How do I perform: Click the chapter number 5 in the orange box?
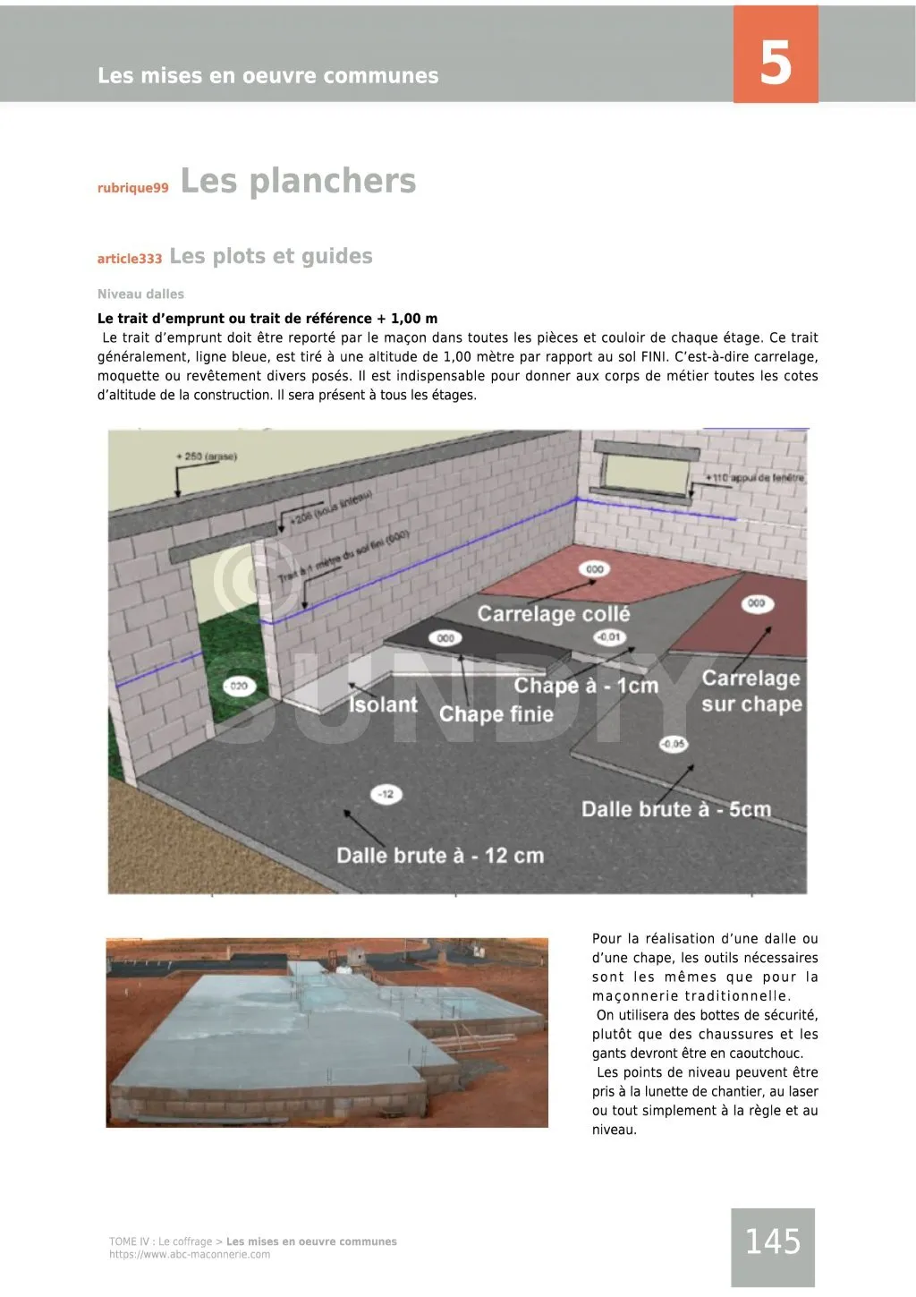click(x=776, y=63)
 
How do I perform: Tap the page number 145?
click(x=773, y=1242)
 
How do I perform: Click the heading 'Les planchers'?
click(x=298, y=181)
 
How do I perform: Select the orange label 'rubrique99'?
click(x=132, y=188)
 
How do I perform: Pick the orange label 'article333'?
click(x=130, y=259)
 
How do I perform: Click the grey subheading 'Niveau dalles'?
click(x=140, y=294)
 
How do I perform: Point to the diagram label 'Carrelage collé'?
click(x=553, y=614)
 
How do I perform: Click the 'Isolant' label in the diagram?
click(x=383, y=704)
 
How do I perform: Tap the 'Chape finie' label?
click(x=496, y=713)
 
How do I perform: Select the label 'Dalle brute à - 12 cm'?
click(x=439, y=855)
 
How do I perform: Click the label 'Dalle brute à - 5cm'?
click(x=675, y=809)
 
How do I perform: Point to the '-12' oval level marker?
click(x=386, y=794)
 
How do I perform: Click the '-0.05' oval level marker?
click(x=673, y=744)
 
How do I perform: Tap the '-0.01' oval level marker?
click(x=610, y=637)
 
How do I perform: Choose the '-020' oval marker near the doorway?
click(x=238, y=686)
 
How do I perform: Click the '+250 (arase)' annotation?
click(x=207, y=457)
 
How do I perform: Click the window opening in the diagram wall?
click(x=647, y=467)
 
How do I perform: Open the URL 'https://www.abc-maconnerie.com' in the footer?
click(x=190, y=1254)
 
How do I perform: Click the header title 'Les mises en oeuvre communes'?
click(x=267, y=76)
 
